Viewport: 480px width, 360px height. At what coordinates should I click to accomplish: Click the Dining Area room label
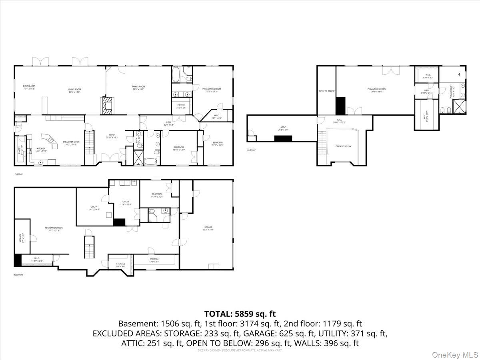(29, 88)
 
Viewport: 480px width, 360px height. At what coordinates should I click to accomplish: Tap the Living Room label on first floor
(74, 90)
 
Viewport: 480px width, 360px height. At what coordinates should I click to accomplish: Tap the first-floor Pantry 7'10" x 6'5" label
(181, 106)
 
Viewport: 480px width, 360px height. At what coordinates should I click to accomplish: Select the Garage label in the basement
(208, 228)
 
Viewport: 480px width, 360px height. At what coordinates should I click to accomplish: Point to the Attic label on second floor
(283, 128)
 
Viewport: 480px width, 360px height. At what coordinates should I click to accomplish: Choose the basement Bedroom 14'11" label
(157, 195)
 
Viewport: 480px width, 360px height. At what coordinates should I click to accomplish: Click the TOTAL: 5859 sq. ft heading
(240, 314)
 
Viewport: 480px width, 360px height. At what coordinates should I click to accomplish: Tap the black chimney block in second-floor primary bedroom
(340, 106)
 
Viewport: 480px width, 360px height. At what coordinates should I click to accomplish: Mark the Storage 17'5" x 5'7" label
(154, 260)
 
